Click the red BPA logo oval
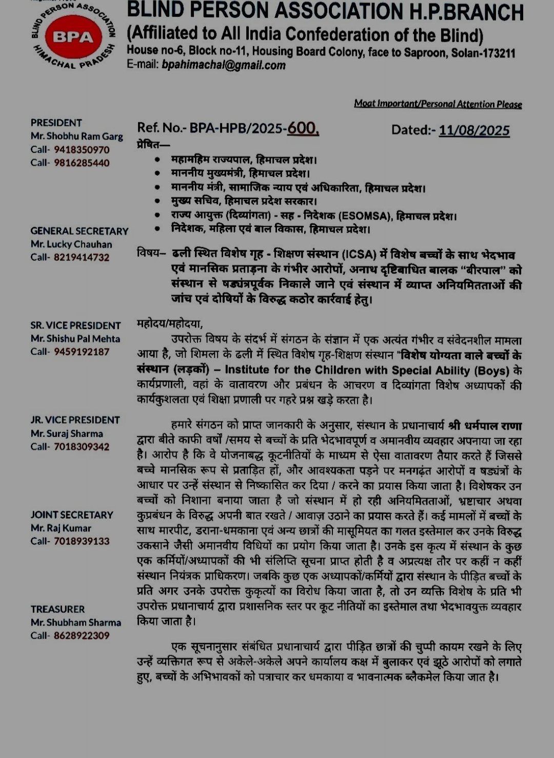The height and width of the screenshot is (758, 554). tap(69, 37)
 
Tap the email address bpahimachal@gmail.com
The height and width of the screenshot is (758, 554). tap(224, 65)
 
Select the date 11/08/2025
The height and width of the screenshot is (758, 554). tap(474, 130)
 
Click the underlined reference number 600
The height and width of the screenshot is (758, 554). tap(303, 128)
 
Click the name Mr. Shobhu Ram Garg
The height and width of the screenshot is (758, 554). tap(77, 136)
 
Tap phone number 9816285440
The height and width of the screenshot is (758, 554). tap(82, 163)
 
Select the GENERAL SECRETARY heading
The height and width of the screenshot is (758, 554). tap(80, 231)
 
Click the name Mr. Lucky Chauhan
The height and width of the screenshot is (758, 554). tap(71, 244)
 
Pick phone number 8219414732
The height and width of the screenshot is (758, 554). tap(82, 257)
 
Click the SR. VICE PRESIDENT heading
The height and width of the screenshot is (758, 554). tap(75, 326)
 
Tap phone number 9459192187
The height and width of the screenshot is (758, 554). tap(82, 352)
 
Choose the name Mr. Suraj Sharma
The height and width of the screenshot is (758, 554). tap(67, 433)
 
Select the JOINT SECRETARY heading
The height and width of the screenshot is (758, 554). tap(72, 515)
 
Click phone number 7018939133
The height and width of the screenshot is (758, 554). tap(82, 541)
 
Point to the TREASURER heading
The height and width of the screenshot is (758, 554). tap(57, 609)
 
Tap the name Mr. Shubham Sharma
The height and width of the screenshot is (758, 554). tap(76, 622)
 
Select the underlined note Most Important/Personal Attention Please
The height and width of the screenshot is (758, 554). tap(438, 104)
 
